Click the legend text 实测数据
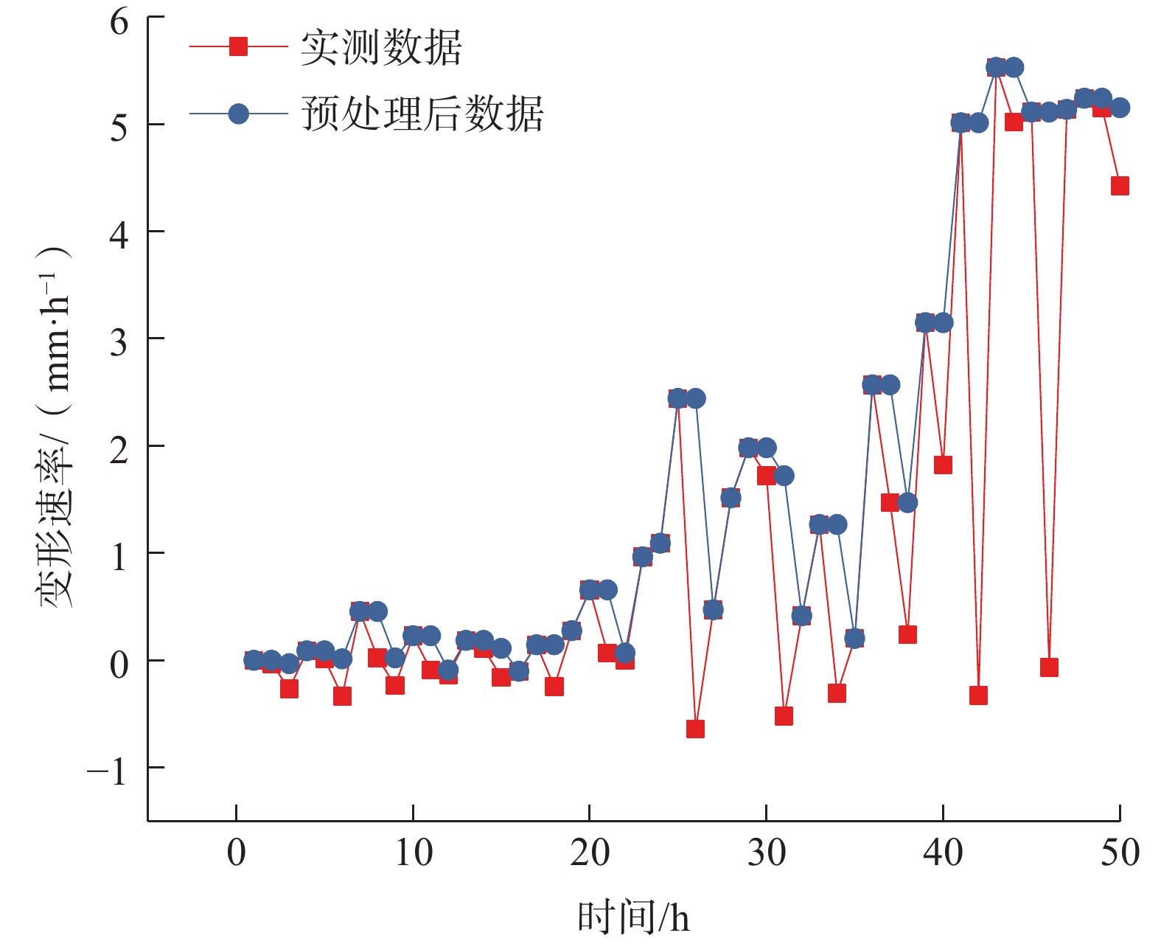(x=380, y=48)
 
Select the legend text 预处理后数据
(x=422, y=114)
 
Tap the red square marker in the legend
(x=238, y=46)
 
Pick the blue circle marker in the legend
(x=238, y=114)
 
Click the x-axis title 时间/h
(x=633, y=917)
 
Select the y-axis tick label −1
(x=108, y=771)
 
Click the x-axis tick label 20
(x=589, y=853)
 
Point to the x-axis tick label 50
(x=1119, y=853)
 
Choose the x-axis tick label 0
(x=236, y=853)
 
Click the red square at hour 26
(x=695, y=729)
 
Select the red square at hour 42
(x=978, y=695)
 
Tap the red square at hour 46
(x=1049, y=667)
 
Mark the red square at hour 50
(x=1120, y=186)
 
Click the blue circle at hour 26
(x=695, y=398)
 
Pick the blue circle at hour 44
(x=1014, y=67)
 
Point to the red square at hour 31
(x=784, y=716)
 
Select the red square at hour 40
(x=943, y=465)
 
